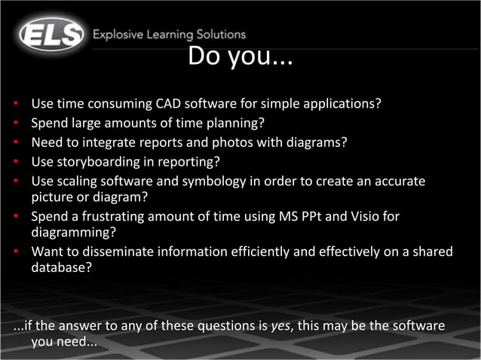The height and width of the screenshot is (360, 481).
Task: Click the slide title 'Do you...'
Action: pyautogui.click(x=240, y=56)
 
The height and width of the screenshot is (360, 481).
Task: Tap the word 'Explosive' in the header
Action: pyautogui.click(x=118, y=35)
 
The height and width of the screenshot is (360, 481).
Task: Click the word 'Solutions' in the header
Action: pyautogui.click(x=219, y=35)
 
